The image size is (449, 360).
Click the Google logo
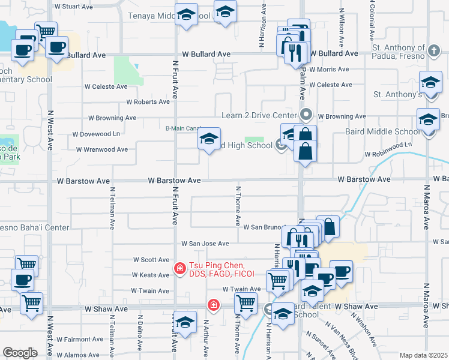click(x=20, y=352)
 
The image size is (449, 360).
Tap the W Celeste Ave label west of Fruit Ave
click(x=106, y=86)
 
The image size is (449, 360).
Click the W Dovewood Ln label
click(x=95, y=134)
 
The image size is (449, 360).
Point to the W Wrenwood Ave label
click(x=101, y=149)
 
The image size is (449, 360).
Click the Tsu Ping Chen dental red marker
click(x=179, y=268)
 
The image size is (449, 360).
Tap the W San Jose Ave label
click(x=205, y=244)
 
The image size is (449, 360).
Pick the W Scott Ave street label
click(x=151, y=260)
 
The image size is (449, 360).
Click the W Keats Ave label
click(x=150, y=275)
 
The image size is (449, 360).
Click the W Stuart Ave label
click(x=73, y=7)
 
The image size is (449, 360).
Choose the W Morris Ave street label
click(x=327, y=70)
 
